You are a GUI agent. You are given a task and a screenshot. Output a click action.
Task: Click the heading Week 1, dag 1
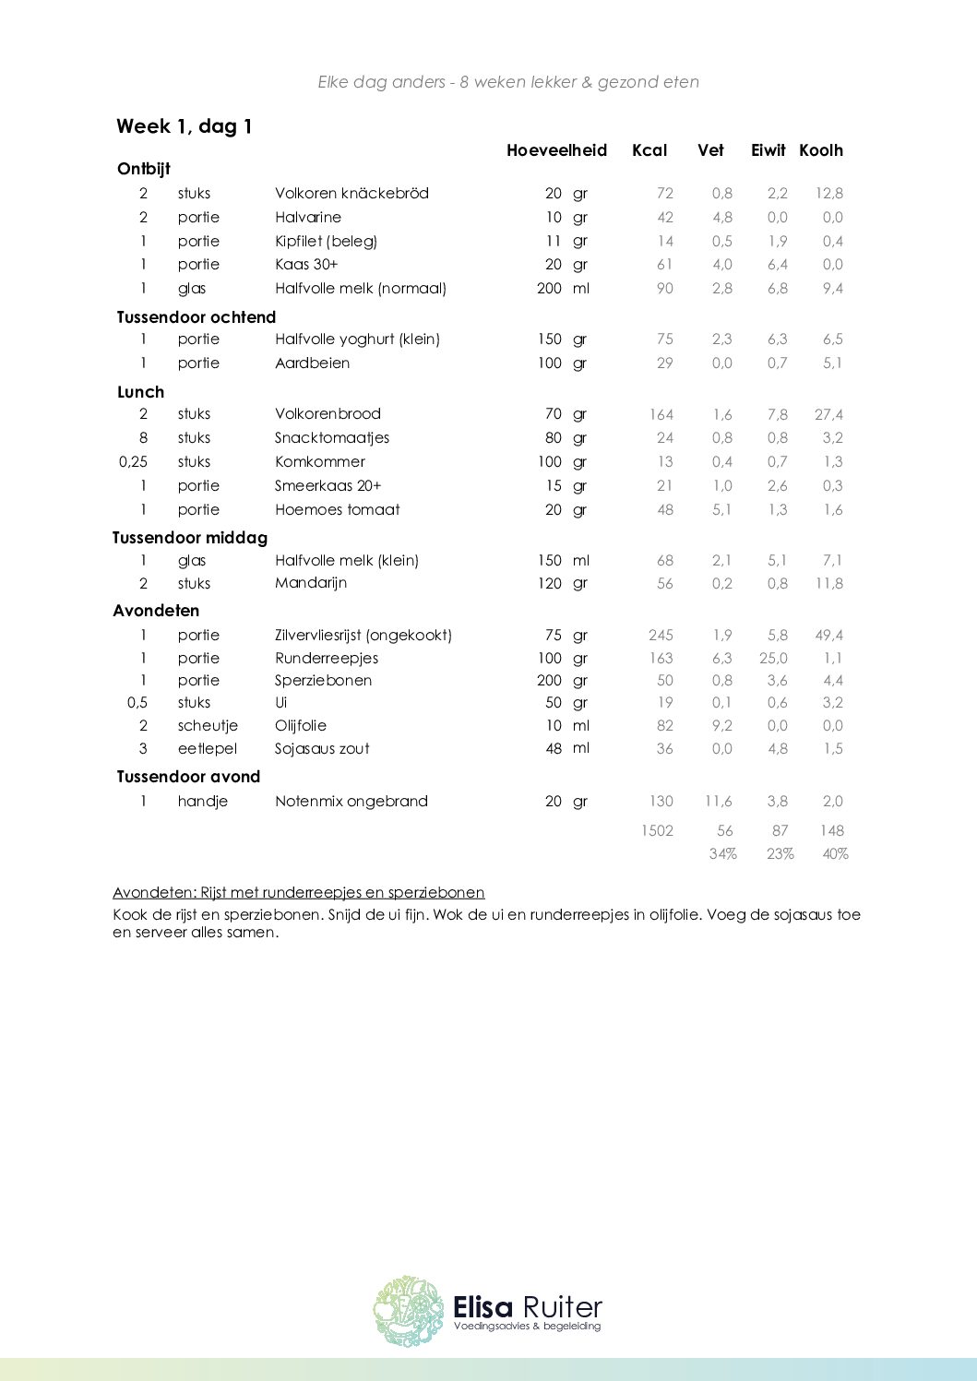[x=185, y=126]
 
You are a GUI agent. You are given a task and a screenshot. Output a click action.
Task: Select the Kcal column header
[x=649, y=150]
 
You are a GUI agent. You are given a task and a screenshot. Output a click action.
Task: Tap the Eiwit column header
[x=768, y=150]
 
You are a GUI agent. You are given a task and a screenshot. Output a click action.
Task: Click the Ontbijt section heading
[x=144, y=169]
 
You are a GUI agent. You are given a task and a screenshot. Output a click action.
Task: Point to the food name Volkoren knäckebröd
[x=351, y=193]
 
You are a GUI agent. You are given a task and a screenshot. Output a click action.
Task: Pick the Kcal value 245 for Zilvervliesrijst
[x=661, y=635]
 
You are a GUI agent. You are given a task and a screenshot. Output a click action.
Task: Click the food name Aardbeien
[x=312, y=363]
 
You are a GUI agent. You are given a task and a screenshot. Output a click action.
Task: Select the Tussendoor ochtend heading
[x=196, y=317]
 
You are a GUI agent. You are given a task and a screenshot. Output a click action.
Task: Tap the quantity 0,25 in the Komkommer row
[x=133, y=461]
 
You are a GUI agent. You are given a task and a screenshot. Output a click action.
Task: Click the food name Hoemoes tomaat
[x=337, y=509]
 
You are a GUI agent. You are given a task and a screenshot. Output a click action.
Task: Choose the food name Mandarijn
[x=310, y=583]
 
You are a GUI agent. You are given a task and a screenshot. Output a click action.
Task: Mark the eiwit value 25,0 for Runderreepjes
[x=773, y=658]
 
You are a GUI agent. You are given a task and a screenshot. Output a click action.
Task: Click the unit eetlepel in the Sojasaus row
[x=208, y=748]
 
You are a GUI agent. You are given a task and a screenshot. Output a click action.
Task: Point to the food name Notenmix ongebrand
[x=351, y=801]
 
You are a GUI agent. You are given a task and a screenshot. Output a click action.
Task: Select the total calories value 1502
[x=657, y=830]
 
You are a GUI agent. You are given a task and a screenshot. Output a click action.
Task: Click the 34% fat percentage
[x=722, y=854]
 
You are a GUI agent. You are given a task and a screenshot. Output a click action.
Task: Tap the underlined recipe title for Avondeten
[x=298, y=892]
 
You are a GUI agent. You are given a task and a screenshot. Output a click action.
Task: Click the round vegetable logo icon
[x=408, y=1311]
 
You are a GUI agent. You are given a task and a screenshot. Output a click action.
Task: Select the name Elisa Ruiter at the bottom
[x=527, y=1307]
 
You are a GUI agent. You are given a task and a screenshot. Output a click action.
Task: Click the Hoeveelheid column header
[x=556, y=150]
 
